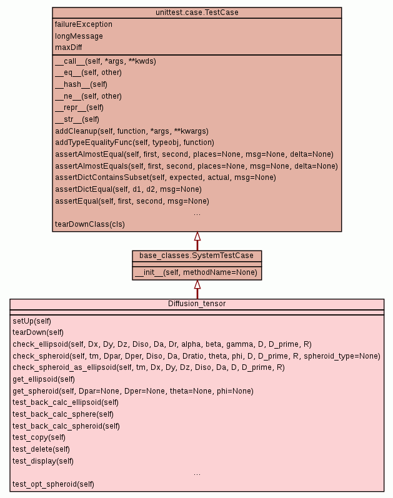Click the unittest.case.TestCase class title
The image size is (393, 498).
tap(197, 12)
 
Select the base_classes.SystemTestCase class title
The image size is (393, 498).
tap(197, 256)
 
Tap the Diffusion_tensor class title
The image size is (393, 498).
tap(197, 304)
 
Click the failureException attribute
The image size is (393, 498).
tap(84, 24)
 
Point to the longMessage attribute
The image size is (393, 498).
tap(79, 36)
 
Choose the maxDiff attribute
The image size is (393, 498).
tap(69, 47)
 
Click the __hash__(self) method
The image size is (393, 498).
tap(81, 84)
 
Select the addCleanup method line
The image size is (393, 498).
tap(131, 131)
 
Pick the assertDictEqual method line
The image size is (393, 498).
tap(128, 189)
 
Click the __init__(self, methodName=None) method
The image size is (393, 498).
tap(196, 273)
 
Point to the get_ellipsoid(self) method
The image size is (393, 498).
tap(44, 379)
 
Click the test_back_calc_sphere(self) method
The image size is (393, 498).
tap(63, 414)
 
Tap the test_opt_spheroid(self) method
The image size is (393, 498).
tap(53, 484)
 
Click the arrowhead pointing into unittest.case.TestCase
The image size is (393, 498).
tap(197, 236)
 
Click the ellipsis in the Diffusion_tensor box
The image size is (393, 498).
tap(197, 473)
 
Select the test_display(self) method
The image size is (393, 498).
tap(43, 461)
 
